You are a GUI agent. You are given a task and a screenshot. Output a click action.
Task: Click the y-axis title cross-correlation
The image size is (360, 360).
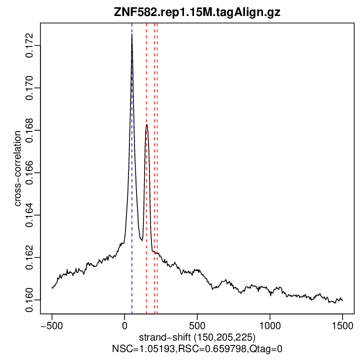click(17, 168)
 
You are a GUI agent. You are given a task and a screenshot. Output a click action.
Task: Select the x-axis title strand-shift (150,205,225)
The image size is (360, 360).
click(197, 337)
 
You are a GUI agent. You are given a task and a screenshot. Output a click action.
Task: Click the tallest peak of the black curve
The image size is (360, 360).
click(131, 35)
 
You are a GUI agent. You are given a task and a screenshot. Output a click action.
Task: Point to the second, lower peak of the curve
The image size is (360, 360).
click(146, 125)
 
